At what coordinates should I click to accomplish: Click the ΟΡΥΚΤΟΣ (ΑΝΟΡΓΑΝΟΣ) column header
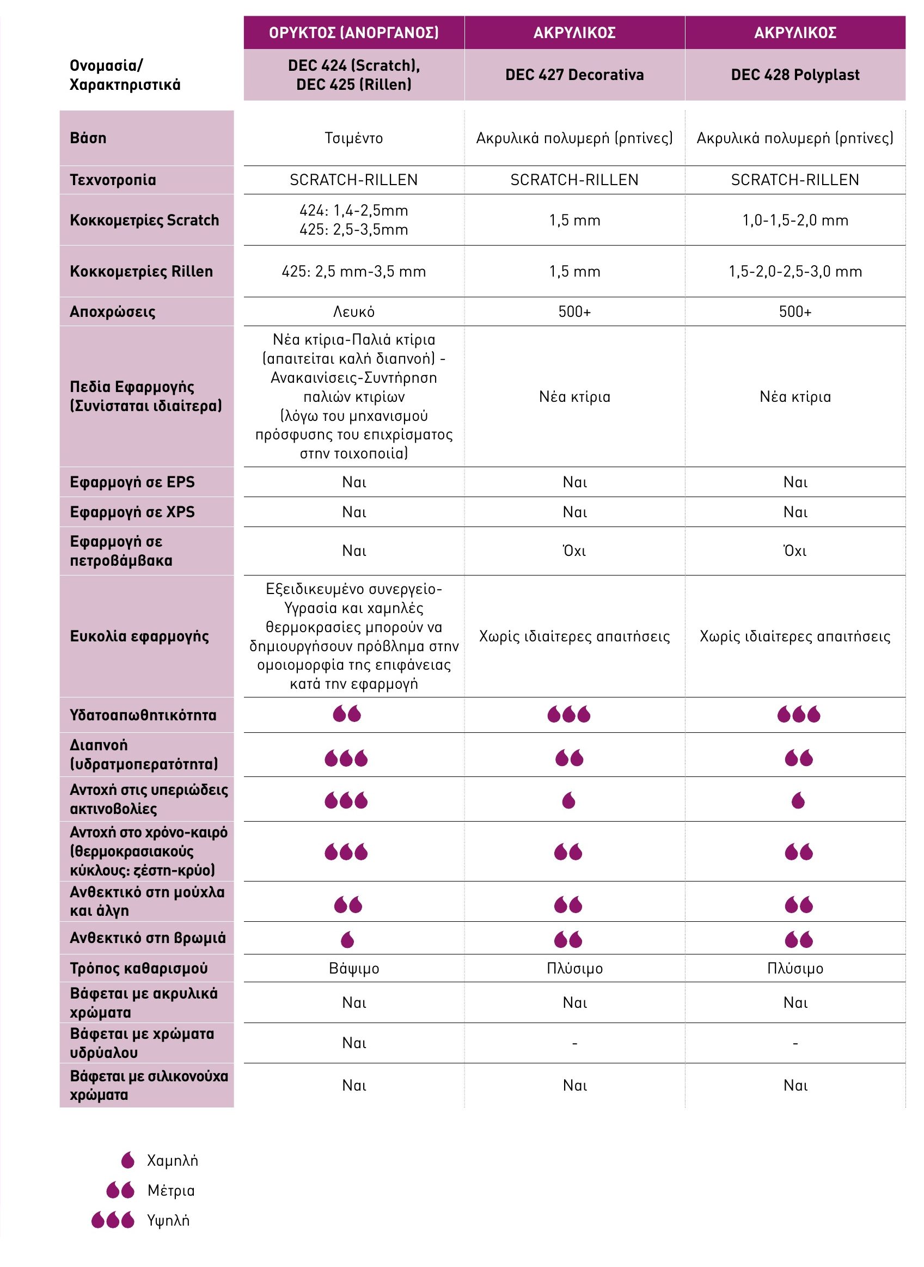click(353, 33)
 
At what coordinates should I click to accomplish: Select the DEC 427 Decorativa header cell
click(574, 75)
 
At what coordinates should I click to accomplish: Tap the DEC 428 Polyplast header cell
click(795, 75)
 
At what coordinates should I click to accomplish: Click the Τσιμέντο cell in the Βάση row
click(353, 138)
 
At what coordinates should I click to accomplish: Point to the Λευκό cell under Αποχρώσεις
click(353, 311)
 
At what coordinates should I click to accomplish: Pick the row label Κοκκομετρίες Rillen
click(141, 271)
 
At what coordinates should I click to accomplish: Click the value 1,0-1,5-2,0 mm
click(795, 221)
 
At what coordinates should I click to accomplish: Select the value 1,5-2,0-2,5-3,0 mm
click(795, 271)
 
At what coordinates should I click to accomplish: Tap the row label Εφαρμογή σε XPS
click(132, 512)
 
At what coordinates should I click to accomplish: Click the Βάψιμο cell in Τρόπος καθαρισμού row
click(353, 968)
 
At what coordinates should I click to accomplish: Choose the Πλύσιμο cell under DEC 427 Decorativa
click(574, 968)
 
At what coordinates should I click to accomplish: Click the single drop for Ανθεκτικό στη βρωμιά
click(347, 940)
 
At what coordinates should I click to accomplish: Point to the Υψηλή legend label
click(168, 1220)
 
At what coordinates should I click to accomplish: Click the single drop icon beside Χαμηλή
click(128, 1160)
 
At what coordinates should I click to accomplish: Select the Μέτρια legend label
click(170, 1190)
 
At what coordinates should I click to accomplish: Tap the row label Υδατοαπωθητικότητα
click(143, 715)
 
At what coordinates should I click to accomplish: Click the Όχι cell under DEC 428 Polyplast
click(795, 551)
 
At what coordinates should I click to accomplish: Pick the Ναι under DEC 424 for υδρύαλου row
click(353, 1043)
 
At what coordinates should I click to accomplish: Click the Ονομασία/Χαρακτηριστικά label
click(124, 75)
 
